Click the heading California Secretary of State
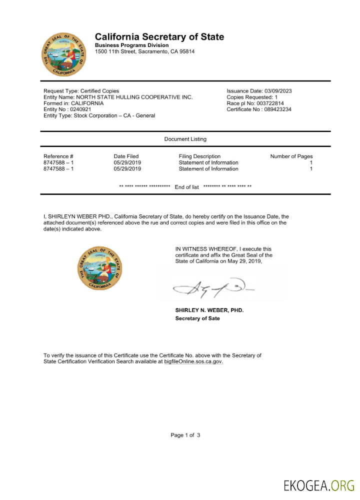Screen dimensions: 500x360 click(159, 37)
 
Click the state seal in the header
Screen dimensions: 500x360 click(63, 55)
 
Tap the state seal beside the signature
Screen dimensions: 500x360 click(99, 268)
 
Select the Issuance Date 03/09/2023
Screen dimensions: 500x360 click(259, 91)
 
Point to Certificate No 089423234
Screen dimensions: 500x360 click(259, 109)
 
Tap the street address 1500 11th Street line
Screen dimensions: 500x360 click(145, 51)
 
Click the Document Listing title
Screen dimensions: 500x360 click(185, 139)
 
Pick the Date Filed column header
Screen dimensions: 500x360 click(126, 156)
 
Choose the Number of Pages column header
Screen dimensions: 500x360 click(291, 156)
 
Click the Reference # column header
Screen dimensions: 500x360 click(58, 156)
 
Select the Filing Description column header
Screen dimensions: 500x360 click(199, 156)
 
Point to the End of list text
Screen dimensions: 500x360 click(186, 187)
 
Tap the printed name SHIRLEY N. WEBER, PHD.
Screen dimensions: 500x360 click(209, 310)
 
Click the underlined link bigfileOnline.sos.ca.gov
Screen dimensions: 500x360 click(193, 361)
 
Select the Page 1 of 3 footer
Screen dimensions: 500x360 click(185, 435)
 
